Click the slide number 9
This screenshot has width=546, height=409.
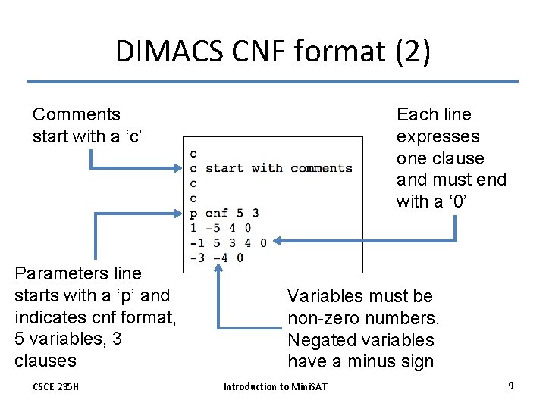tap(511, 386)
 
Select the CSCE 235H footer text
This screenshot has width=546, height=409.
tap(55, 387)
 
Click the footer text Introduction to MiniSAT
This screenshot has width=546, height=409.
tap(275, 387)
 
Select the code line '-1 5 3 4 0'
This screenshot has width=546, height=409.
tap(227, 242)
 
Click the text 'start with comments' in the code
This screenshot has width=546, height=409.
tap(278, 168)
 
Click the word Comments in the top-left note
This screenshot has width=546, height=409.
tap(76, 114)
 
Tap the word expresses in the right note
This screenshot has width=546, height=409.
tap(438, 136)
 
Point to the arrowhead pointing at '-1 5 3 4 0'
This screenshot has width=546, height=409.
tap(277, 242)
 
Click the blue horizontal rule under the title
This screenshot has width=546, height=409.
tap(273, 82)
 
